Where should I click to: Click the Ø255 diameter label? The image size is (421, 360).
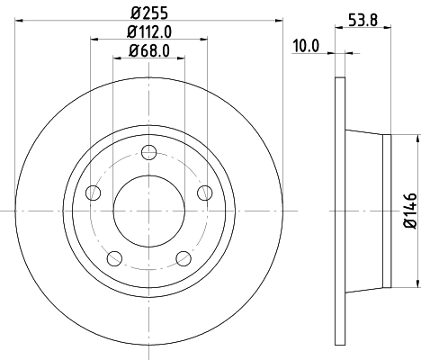point(149,13)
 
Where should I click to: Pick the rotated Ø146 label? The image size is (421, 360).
point(408,211)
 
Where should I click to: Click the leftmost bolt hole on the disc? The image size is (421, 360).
point(93,193)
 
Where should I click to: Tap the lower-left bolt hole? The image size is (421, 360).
point(114,259)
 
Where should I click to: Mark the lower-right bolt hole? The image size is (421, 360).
point(184,258)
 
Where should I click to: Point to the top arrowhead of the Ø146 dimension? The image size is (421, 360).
point(417,139)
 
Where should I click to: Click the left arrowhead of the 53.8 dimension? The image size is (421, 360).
point(339,27)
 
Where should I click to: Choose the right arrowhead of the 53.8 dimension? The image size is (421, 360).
point(387,27)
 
